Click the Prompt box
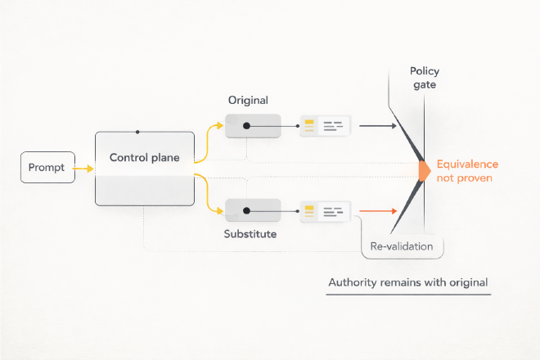click(x=46, y=168)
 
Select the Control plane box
click(x=145, y=169)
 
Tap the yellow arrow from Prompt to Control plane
click(x=84, y=169)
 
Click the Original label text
click(x=248, y=100)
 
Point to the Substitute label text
click(x=250, y=234)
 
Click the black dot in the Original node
click(x=245, y=126)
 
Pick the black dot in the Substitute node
click(x=245, y=211)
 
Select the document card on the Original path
click(x=325, y=126)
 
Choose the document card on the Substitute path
click(x=325, y=211)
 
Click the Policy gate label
click(x=425, y=79)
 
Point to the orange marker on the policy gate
click(x=424, y=169)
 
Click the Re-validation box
click(x=402, y=245)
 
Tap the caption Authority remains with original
click(x=408, y=283)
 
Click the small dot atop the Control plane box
click(x=137, y=132)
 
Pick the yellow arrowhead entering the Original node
click(x=219, y=126)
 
